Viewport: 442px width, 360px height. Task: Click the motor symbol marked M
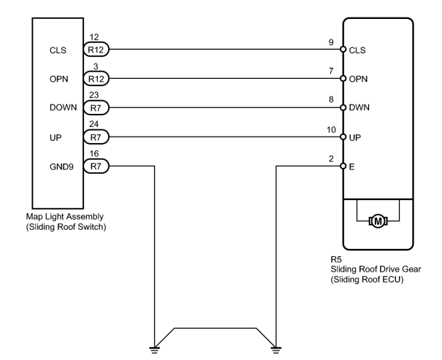click(378, 221)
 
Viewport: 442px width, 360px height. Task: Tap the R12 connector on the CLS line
click(96, 50)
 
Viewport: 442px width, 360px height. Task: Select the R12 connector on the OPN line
click(96, 79)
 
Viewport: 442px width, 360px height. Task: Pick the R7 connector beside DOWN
click(96, 107)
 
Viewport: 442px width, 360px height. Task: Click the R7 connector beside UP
click(96, 137)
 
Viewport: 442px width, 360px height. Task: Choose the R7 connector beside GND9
click(96, 166)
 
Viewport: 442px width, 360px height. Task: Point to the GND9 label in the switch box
click(61, 166)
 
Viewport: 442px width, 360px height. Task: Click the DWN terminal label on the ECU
click(359, 107)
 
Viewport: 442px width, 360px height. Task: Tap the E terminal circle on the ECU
click(343, 166)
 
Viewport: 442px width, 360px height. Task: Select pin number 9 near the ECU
click(331, 42)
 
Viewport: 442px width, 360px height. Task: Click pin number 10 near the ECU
click(331, 129)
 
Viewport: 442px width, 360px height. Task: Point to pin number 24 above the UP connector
click(94, 124)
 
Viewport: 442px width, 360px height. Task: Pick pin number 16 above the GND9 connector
click(94, 153)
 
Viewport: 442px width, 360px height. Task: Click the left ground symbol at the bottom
click(154, 350)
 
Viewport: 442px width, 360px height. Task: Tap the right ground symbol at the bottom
click(276, 350)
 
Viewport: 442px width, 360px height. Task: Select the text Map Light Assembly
click(65, 216)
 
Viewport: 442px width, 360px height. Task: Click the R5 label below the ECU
click(336, 259)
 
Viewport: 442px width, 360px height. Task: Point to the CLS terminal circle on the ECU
click(343, 50)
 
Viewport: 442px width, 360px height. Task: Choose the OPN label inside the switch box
click(59, 79)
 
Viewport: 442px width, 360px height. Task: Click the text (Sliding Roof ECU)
click(367, 280)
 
